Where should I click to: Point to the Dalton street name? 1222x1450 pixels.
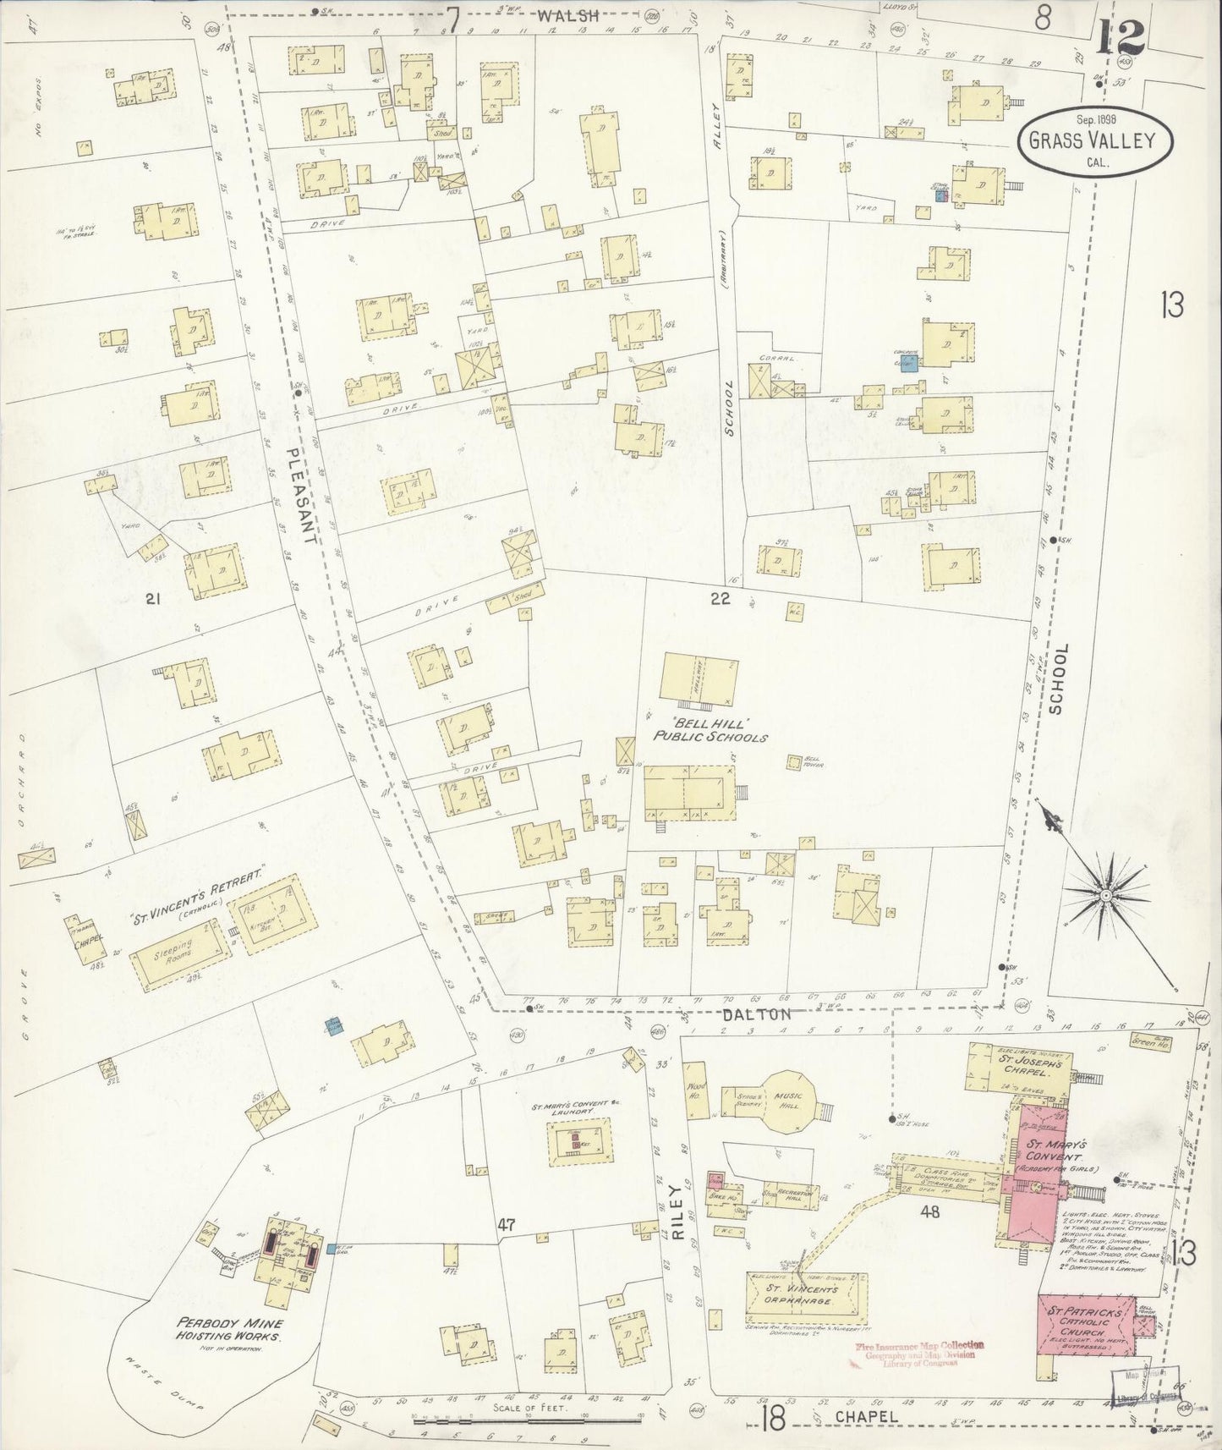(768, 1013)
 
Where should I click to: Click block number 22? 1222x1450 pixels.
(720, 599)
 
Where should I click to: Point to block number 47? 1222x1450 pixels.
(507, 1223)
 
